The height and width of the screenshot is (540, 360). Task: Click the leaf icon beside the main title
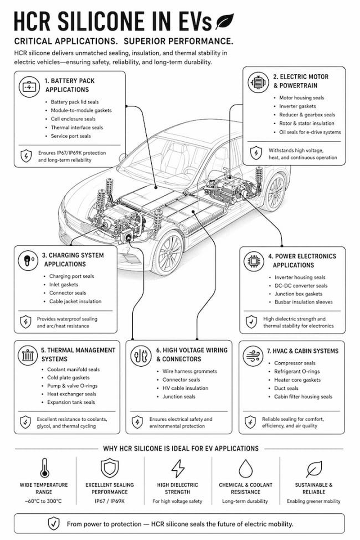(x=225, y=21)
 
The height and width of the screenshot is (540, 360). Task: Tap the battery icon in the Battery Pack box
(x=29, y=87)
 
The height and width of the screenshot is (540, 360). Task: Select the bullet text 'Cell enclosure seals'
(x=73, y=119)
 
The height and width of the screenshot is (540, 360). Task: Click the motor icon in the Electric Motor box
(x=258, y=82)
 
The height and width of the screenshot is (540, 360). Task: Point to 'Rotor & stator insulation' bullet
(x=307, y=123)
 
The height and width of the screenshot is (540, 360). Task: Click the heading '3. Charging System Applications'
(x=73, y=260)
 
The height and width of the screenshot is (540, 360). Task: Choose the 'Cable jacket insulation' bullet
(x=75, y=301)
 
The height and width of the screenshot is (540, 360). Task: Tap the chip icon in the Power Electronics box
(x=253, y=261)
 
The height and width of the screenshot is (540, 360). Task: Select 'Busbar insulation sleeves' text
(x=304, y=302)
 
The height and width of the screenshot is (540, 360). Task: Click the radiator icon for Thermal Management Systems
(x=28, y=355)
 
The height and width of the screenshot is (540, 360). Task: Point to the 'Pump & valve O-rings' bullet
(x=72, y=386)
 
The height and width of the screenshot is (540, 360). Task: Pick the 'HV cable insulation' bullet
(x=185, y=388)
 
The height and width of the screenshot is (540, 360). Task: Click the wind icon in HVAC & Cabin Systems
(x=253, y=356)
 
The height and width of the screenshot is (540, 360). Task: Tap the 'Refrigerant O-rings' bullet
(x=297, y=372)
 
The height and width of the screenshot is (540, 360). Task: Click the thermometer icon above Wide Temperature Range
(x=45, y=468)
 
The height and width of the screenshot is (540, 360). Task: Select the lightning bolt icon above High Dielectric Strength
(x=178, y=468)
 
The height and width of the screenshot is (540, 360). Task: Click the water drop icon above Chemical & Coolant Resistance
(x=246, y=468)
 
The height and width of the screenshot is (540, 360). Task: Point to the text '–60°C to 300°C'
(x=43, y=501)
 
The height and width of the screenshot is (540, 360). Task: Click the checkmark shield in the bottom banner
(x=54, y=524)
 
